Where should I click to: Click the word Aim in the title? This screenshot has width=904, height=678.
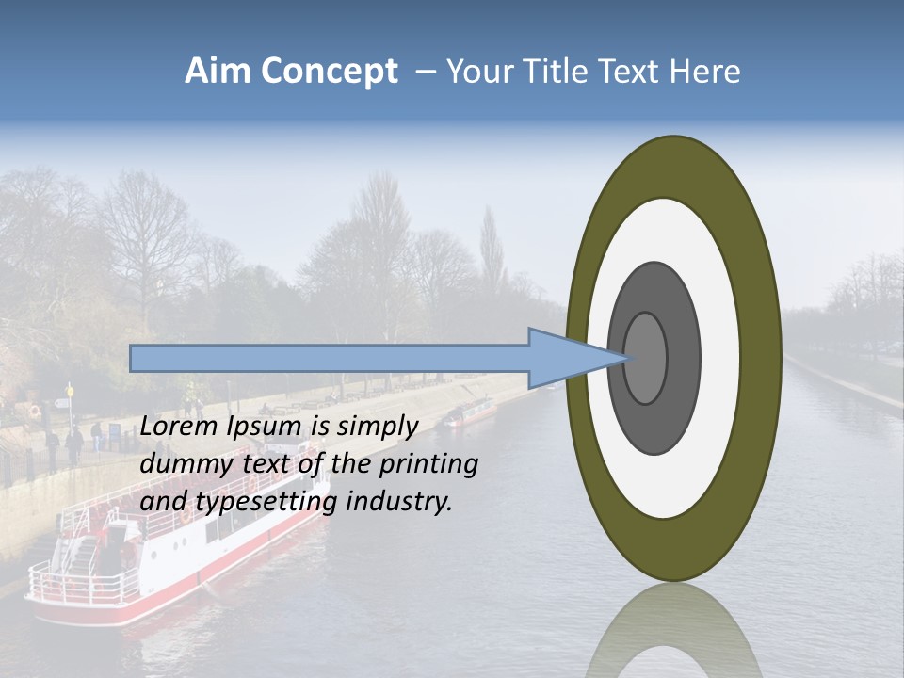pyautogui.click(x=218, y=72)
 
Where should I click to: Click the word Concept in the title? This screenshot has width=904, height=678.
pyautogui.click(x=328, y=72)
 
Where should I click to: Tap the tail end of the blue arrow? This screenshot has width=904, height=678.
pyautogui.click(x=133, y=358)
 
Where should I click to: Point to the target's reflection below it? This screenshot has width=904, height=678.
pyautogui.click(x=672, y=631)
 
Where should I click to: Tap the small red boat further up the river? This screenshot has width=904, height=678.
pyautogui.click(x=471, y=412)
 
